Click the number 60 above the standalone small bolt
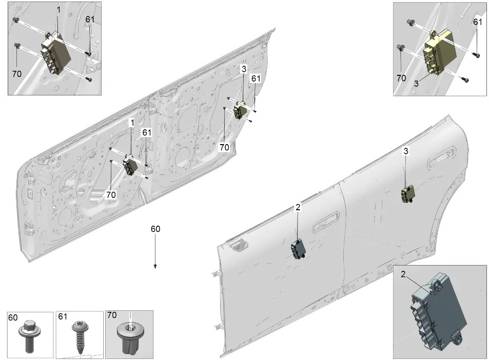155,229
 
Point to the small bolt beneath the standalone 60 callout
155,266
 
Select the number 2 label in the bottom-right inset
403,274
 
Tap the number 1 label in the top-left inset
58,10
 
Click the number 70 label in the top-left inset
17,74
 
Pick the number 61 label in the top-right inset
478,22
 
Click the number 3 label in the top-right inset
416,84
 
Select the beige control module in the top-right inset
440,51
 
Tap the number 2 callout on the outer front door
298,207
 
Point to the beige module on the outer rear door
408,194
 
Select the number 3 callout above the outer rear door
406,151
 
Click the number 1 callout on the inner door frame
132,123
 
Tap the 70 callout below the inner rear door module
224,147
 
